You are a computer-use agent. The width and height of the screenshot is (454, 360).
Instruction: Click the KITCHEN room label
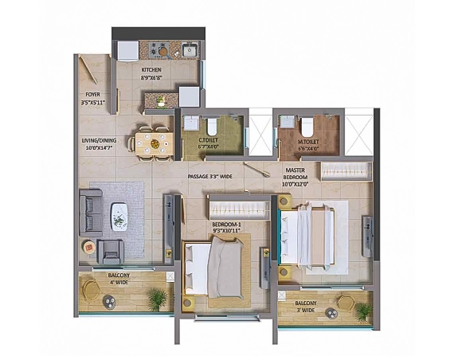(x=151, y=70)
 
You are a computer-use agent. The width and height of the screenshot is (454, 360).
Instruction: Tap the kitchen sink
(x=190, y=50)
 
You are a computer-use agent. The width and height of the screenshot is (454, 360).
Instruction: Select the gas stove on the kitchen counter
(x=159, y=49)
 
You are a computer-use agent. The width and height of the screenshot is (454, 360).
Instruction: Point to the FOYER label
(x=92, y=95)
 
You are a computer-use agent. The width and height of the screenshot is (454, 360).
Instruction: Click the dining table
(x=155, y=143)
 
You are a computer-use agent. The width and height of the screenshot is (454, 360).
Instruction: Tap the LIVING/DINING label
(x=99, y=141)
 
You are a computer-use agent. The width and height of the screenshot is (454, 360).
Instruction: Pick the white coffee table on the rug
(x=119, y=217)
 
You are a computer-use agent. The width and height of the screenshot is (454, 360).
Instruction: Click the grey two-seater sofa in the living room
(x=91, y=213)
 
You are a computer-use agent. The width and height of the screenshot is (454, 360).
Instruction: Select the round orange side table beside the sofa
(x=89, y=248)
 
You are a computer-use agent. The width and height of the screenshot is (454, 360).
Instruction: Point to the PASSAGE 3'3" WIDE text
(x=210, y=176)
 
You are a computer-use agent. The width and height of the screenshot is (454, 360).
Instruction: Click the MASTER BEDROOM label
(x=295, y=174)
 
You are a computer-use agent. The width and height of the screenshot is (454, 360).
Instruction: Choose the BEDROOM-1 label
(x=226, y=225)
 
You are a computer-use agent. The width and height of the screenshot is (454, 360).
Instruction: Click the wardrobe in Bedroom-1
(x=239, y=209)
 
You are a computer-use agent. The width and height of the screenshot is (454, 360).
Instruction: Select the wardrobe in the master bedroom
(x=346, y=171)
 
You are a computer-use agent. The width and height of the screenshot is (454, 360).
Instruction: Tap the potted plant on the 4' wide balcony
(x=158, y=299)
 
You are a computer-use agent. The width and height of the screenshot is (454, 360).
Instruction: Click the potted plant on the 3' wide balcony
(x=364, y=312)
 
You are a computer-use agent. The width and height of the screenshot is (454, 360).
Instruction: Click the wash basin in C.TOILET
(x=190, y=123)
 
